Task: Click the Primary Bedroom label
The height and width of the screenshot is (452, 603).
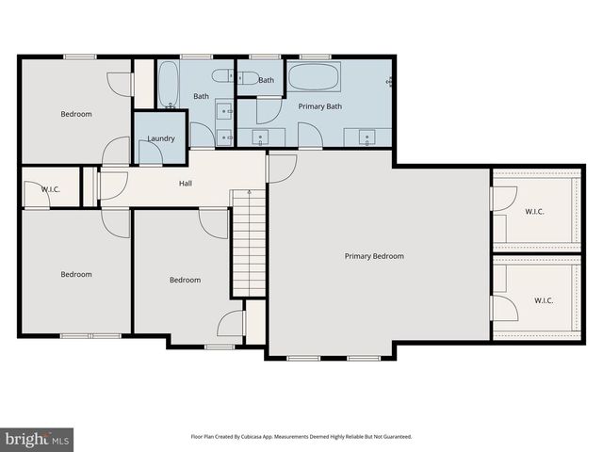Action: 374,256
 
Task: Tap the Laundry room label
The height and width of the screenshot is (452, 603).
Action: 161,139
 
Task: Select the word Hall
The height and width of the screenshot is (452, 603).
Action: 186,183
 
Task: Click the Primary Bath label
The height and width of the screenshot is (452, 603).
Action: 320,106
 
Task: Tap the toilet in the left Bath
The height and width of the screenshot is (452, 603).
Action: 223,77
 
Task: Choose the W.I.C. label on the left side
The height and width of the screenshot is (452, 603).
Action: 51,189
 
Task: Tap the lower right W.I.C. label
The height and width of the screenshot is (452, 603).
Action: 544,300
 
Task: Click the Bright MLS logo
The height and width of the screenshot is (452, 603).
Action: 38,439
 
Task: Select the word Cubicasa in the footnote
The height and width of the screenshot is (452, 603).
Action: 270,437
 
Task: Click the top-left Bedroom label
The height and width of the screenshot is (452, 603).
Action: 76,114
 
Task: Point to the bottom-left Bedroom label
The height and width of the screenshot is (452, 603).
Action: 76,274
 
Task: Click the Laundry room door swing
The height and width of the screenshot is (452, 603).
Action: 202,136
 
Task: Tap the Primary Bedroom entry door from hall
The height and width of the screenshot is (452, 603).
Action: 281,169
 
